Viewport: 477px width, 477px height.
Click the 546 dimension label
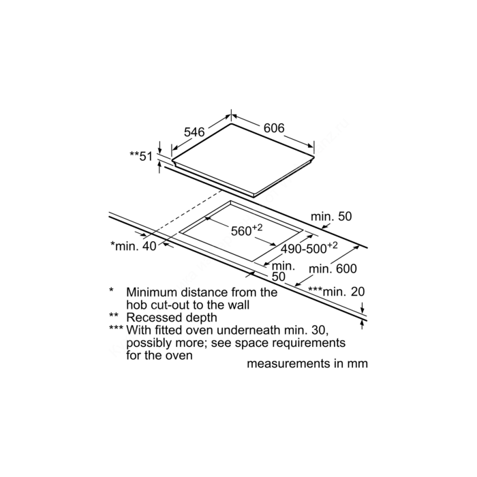click(194, 132)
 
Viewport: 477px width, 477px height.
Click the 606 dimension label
click(274, 128)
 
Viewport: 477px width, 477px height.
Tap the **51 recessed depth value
click(141, 156)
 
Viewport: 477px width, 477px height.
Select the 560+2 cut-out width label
click(247, 230)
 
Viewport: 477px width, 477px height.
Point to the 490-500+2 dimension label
click(309, 247)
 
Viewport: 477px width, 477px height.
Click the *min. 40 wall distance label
click(134, 246)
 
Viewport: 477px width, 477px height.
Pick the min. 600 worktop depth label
click(333, 268)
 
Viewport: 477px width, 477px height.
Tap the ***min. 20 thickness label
click(337, 292)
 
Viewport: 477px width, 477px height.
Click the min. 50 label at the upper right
click(331, 216)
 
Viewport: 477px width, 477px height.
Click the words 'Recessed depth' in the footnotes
click(172, 318)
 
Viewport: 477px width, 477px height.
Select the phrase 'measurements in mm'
click(307, 363)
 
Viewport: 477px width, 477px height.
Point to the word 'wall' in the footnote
click(238, 305)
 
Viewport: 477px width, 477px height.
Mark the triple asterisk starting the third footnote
click(117, 328)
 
